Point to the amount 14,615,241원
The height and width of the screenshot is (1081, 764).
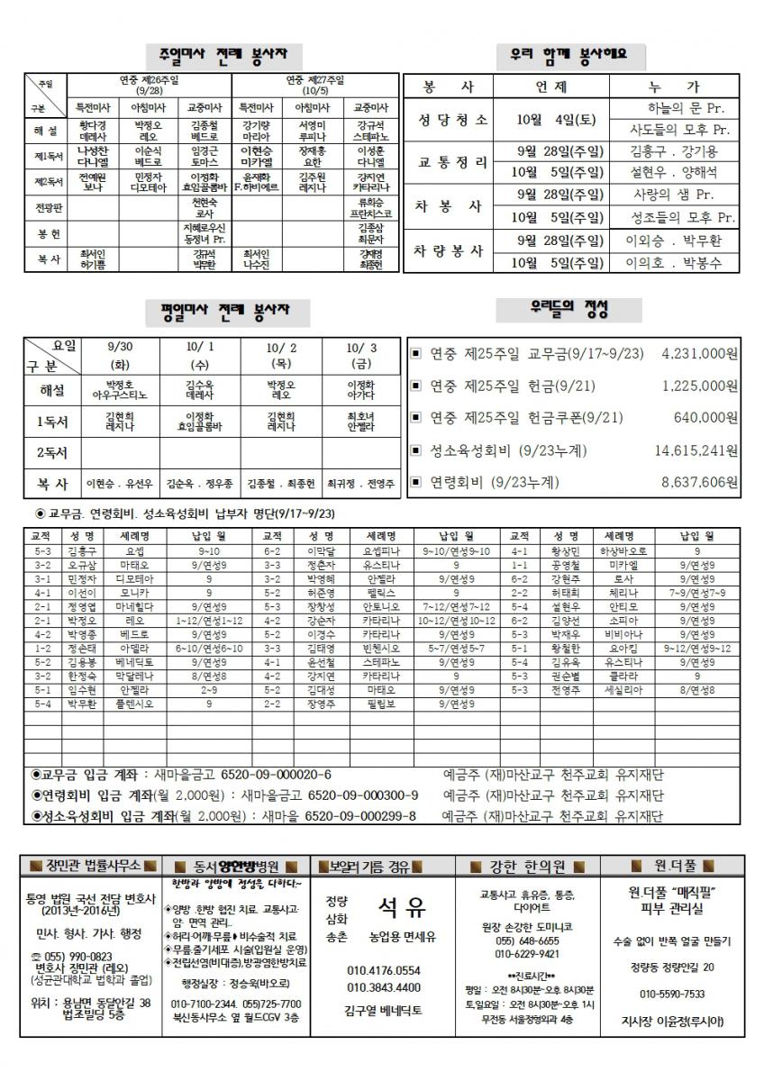[696, 450]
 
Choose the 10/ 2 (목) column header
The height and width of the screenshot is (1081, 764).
[280, 356]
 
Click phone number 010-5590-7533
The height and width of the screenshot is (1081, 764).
[672, 994]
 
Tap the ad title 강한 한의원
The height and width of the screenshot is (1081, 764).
[528, 867]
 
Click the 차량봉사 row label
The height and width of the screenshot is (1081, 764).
[450, 251]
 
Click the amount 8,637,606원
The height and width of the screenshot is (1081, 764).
[699, 482]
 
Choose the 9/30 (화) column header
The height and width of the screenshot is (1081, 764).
[120, 356]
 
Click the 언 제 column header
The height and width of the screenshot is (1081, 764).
[549, 87]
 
